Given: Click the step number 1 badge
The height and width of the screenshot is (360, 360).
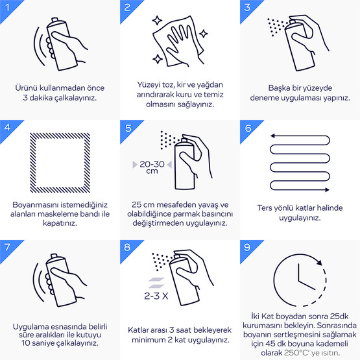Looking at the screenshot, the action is (x=8, y=7).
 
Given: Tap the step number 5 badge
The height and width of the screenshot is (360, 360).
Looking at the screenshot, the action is (x=128, y=128).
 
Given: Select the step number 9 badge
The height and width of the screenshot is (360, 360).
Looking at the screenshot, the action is (x=247, y=247).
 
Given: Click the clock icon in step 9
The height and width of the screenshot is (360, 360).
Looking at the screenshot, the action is (x=274, y=280).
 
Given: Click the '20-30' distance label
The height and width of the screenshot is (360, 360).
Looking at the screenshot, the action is (x=152, y=164).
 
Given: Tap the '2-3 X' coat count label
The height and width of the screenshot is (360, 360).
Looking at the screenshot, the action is (x=156, y=296).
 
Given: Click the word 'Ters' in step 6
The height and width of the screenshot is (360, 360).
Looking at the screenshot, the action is (x=264, y=208).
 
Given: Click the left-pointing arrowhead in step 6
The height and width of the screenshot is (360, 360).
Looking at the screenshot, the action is (x=272, y=136).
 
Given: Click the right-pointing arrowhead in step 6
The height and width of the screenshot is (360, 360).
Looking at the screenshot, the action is (x=327, y=189).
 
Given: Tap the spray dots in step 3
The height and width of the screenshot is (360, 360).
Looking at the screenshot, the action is (x=278, y=27).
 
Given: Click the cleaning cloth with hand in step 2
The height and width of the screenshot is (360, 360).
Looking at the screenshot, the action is (x=178, y=42).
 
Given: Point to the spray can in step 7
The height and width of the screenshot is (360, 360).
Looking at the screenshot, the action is (x=61, y=281).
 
